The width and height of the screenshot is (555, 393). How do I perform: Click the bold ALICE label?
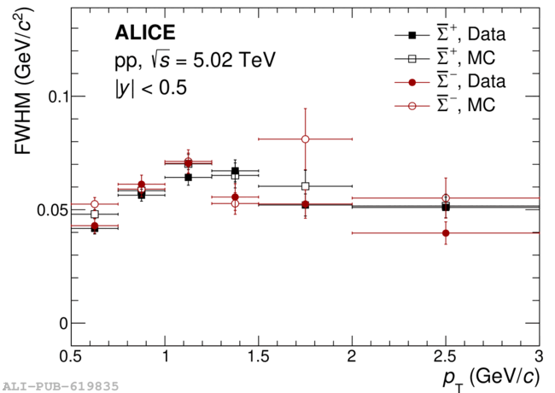145,33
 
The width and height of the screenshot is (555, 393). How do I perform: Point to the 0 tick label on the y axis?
61,324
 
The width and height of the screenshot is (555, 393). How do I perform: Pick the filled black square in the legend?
412,36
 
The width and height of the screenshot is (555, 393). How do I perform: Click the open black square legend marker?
412,59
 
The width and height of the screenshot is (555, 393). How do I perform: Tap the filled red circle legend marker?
412,82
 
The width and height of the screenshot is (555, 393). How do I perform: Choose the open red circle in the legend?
412,105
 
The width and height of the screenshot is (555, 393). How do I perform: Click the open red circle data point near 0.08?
305,139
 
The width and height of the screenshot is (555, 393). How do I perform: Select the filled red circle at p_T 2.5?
445,232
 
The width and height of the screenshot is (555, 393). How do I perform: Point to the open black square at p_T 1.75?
305,186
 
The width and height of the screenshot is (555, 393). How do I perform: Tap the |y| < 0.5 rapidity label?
151,87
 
